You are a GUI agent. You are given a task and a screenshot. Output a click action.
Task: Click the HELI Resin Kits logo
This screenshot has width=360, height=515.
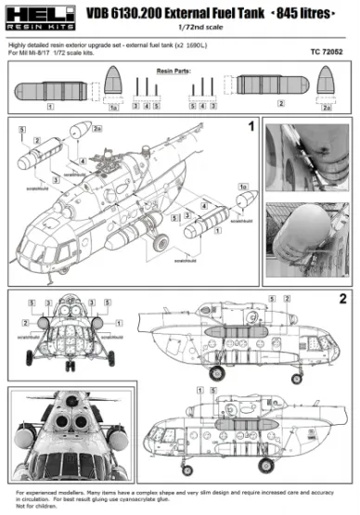tap(34, 17)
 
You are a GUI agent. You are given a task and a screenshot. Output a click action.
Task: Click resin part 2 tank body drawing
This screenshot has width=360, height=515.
tap(264, 92)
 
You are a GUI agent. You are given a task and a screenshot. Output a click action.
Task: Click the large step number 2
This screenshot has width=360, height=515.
tap(343, 299)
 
